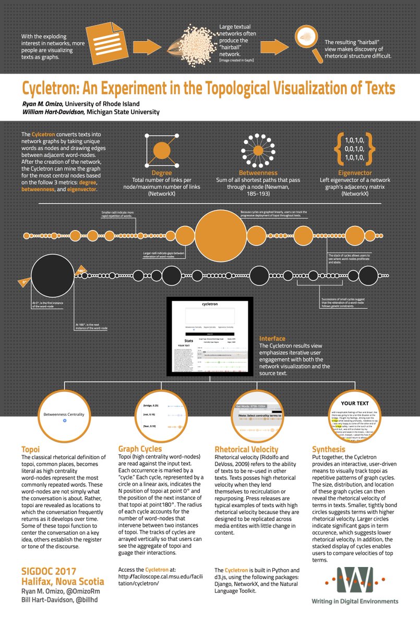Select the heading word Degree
161,172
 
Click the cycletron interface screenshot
209,336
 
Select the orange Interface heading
272,339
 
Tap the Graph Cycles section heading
140,449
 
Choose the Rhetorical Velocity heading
247,449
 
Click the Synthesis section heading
328,449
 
